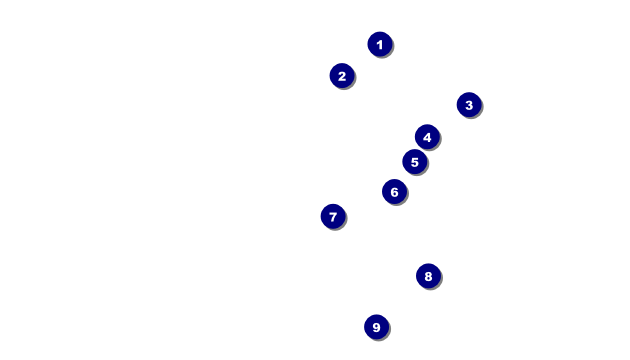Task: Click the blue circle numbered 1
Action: [380, 44]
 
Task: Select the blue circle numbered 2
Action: [342, 76]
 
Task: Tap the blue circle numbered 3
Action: [469, 105]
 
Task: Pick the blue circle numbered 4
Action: [427, 137]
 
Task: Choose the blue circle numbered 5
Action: [415, 162]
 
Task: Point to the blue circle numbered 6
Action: [394, 192]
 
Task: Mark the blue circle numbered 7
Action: [333, 217]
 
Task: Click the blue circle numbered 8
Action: [428, 276]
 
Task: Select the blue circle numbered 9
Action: [376, 327]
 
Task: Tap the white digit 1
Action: [380, 45]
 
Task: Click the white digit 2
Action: [342, 76]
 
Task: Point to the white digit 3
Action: [469, 105]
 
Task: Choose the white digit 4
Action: [427, 137]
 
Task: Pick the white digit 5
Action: [415, 162]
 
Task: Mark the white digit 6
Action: [394, 192]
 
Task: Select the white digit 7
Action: [333, 217]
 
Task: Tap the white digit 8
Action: [428, 276]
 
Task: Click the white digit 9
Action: [376, 327]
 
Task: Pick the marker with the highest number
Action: [376, 327]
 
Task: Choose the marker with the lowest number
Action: [380, 44]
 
